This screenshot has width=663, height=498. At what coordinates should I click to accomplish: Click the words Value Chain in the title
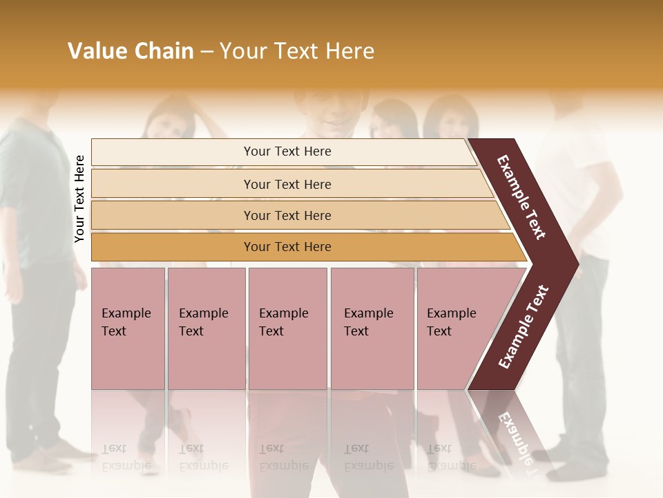click(x=131, y=51)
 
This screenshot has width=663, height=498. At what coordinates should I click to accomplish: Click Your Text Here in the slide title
click(x=297, y=51)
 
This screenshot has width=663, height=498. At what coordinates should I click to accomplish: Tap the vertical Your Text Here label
click(x=79, y=199)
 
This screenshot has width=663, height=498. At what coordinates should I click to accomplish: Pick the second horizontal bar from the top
click(x=287, y=184)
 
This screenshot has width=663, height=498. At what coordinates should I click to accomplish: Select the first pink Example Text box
click(x=128, y=329)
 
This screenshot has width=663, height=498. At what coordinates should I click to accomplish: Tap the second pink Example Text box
click(x=206, y=329)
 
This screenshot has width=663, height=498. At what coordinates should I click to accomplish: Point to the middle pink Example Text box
click(x=287, y=329)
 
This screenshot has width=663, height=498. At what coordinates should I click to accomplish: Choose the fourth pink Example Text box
click(x=372, y=329)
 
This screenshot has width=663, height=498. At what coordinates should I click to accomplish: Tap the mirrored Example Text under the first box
click(x=126, y=457)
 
